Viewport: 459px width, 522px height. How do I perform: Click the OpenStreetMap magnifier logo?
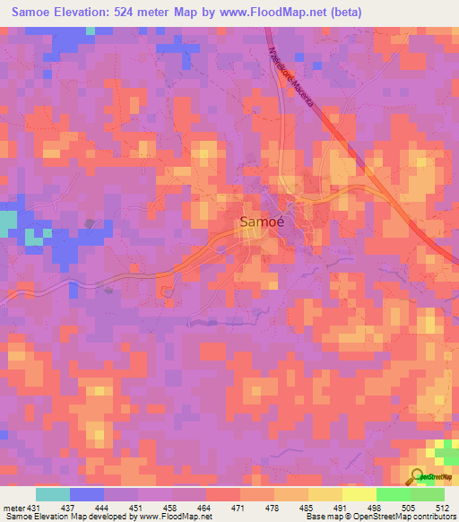(419, 476)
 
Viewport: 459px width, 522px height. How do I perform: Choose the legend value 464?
(204, 508)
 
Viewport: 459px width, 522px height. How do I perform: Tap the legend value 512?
(444, 508)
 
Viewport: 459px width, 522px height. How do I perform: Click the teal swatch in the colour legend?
(52, 494)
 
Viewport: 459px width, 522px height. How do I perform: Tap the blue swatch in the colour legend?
(86, 494)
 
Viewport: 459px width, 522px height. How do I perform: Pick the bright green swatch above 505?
(393, 494)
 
